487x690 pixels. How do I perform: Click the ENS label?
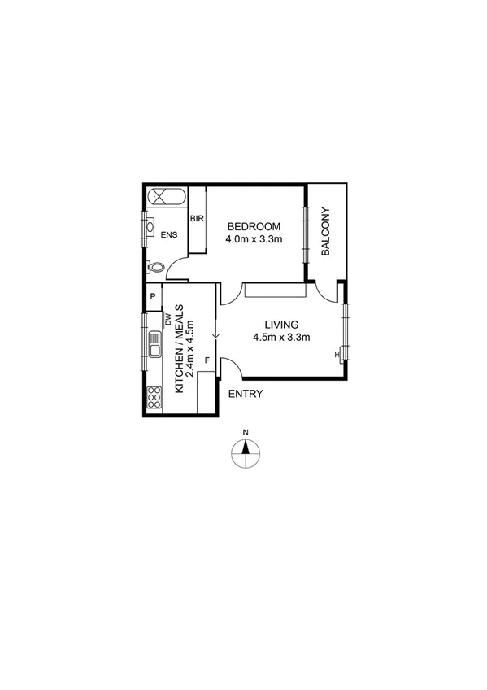pyautogui.click(x=168, y=236)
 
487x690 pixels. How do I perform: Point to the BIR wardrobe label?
pyautogui.click(x=196, y=219)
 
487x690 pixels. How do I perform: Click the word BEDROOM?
pyautogui.click(x=254, y=226)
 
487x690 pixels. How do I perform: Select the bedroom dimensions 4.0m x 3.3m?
pyautogui.click(x=254, y=239)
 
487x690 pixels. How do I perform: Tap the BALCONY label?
pyautogui.click(x=327, y=233)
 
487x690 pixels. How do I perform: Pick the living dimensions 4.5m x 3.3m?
pyautogui.click(x=282, y=337)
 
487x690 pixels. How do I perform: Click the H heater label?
pyautogui.click(x=337, y=354)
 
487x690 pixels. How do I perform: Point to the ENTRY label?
pyautogui.click(x=246, y=395)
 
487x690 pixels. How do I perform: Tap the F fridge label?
pyautogui.click(x=207, y=360)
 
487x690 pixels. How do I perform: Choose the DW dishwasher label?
pyautogui.click(x=167, y=320)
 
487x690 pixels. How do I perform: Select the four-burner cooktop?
pyautogui.click(x=154, y=397)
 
